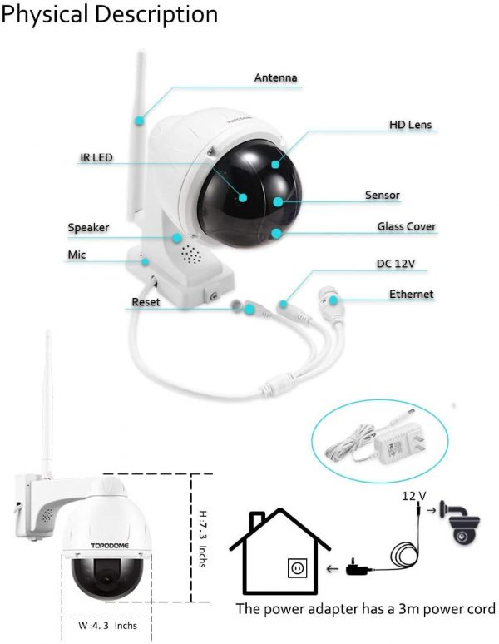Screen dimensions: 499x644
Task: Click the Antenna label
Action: [x=275, y=77]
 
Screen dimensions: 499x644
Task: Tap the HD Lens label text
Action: [x=410, y=125]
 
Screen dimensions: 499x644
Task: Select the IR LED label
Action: [x=96, y=157]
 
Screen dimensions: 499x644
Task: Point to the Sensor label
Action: [x=382, y=195]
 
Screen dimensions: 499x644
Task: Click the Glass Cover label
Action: [x=406, y=226]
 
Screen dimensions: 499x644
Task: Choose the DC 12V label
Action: [x=395, y=263]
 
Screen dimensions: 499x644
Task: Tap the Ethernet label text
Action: [x=411, y=294]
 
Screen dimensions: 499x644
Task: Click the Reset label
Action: [x=146, y=302]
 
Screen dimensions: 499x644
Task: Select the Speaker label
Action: [x=88, y=227]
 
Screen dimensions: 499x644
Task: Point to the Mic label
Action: [x=77, y=255]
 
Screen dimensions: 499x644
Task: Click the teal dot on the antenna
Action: [x=140, y=121]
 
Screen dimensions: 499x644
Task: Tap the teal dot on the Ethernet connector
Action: [x=333, y=300]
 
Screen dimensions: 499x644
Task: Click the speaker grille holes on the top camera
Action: [x=191, y=255]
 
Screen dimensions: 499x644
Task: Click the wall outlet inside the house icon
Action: [x=297, y=568]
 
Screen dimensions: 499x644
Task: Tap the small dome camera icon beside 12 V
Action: [x=460, y=523]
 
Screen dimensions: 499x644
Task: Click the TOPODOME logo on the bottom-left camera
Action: [x=110, y=546]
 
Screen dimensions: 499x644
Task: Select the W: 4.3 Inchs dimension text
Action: [x=107, y=626]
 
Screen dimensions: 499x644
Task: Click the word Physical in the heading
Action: [x=45, y=14]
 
